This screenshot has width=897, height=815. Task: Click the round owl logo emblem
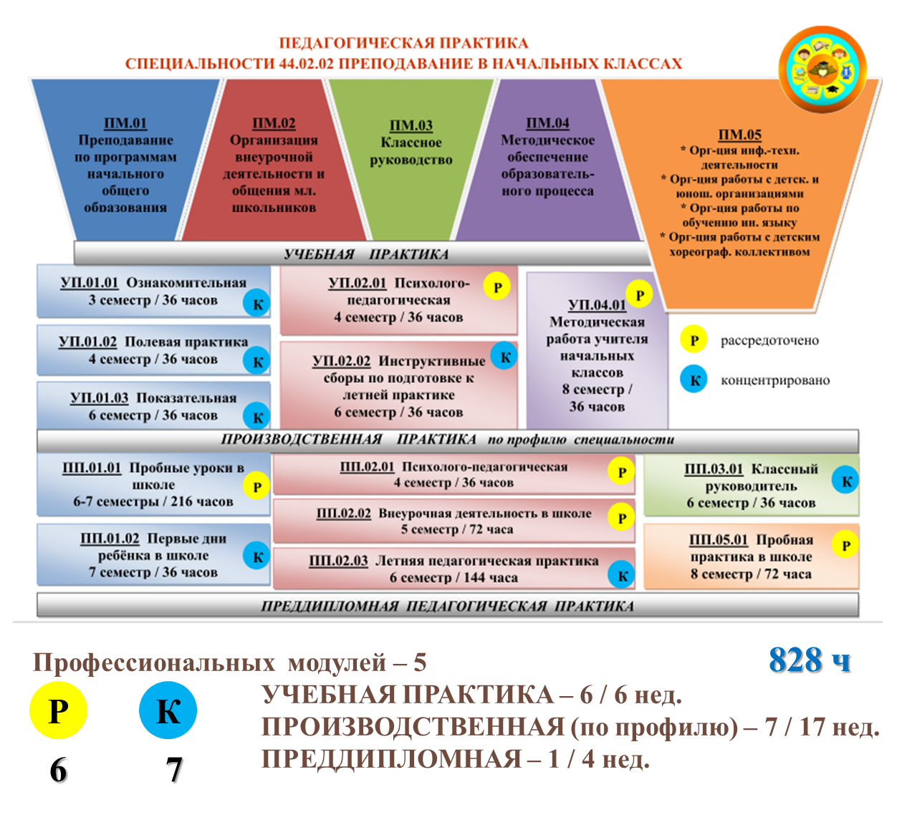coord(822,69)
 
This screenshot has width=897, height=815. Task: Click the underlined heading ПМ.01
coord(125,123)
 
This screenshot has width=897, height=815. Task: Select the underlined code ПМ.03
coord(411,125)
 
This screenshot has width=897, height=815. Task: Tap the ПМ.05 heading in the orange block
coord(739,135)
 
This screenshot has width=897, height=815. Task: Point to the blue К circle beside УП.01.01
coord(256,304)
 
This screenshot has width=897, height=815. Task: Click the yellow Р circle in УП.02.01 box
coord(497,286)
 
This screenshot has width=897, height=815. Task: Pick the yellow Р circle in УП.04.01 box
coord(640,294)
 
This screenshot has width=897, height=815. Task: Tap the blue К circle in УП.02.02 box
coord(504,357)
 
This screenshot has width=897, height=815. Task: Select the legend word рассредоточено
coord(769,340)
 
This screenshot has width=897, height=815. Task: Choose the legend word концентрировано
coord(775,380)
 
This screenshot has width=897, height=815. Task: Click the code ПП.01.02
coord(110,539)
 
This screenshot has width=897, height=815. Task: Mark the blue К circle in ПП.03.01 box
coord(845,480)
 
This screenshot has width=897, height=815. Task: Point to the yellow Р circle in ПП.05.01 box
coord(845,544)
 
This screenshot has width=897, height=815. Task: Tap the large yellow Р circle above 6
coord(58,710)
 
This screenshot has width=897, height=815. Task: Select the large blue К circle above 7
coord(168,710)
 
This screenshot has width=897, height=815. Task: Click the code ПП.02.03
coord(338,561)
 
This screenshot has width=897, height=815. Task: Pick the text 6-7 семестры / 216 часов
coord(153,501)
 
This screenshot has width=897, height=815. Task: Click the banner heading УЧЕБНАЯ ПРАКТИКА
coord(366,254)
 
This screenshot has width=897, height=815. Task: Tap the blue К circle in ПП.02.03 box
coord(622,575)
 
